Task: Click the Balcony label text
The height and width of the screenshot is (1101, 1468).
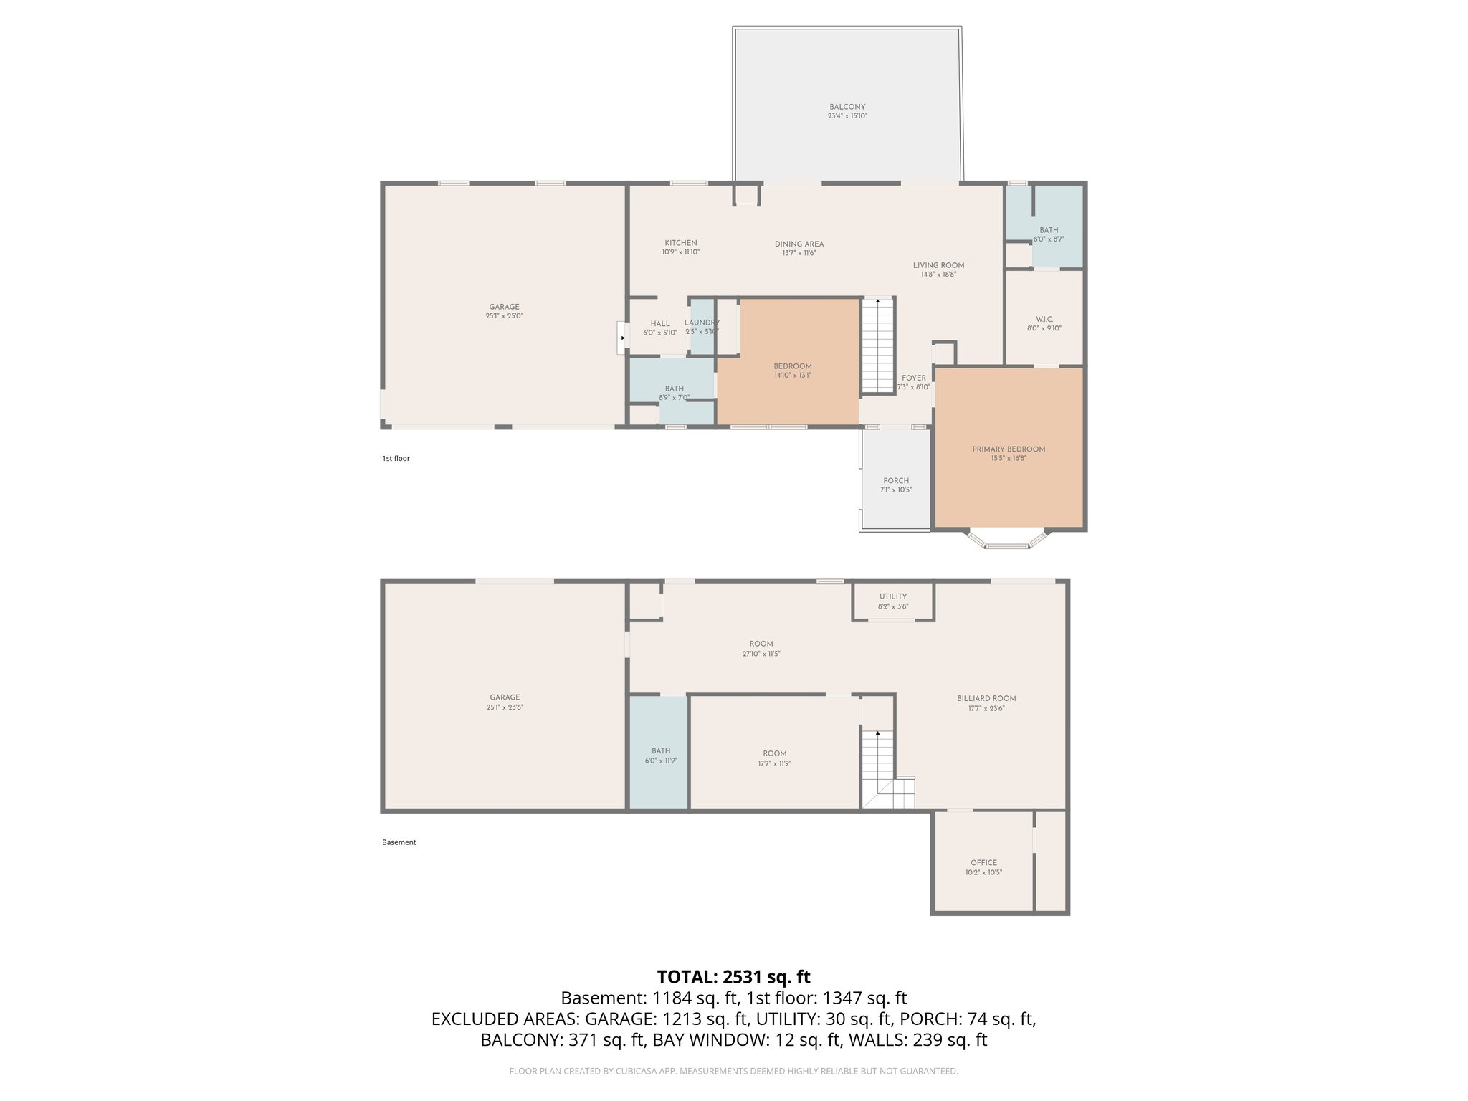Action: point(847,107)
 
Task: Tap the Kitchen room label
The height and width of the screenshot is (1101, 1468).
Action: point(680,243)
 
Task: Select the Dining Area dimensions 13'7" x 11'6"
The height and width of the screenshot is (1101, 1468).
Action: point(799,253)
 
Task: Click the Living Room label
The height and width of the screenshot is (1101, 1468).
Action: point(938,265)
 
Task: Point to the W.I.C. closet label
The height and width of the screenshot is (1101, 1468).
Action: point(1044,320)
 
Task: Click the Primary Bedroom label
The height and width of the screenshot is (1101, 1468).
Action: point(1009,449)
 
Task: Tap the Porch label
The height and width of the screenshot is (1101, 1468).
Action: point(896,481)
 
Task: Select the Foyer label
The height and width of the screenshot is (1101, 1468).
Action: point(914,378)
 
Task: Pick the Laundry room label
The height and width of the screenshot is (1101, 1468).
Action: point(701,323)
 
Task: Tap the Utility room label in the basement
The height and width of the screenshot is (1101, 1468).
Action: point(893,596)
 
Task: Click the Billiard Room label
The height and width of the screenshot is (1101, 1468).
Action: point(986,698)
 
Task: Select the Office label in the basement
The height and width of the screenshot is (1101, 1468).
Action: point(983,863)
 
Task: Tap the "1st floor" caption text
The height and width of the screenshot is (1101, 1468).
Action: point(396,459)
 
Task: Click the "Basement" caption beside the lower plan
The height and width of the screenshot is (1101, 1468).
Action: point(399,843)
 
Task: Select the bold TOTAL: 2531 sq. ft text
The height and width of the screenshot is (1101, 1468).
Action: point(733,977)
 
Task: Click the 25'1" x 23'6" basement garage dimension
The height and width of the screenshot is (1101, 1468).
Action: point(505,707)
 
